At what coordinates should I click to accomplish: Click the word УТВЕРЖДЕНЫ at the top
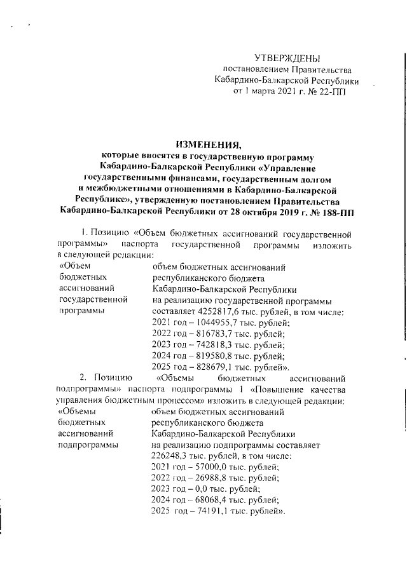click(x=284, y=58)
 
